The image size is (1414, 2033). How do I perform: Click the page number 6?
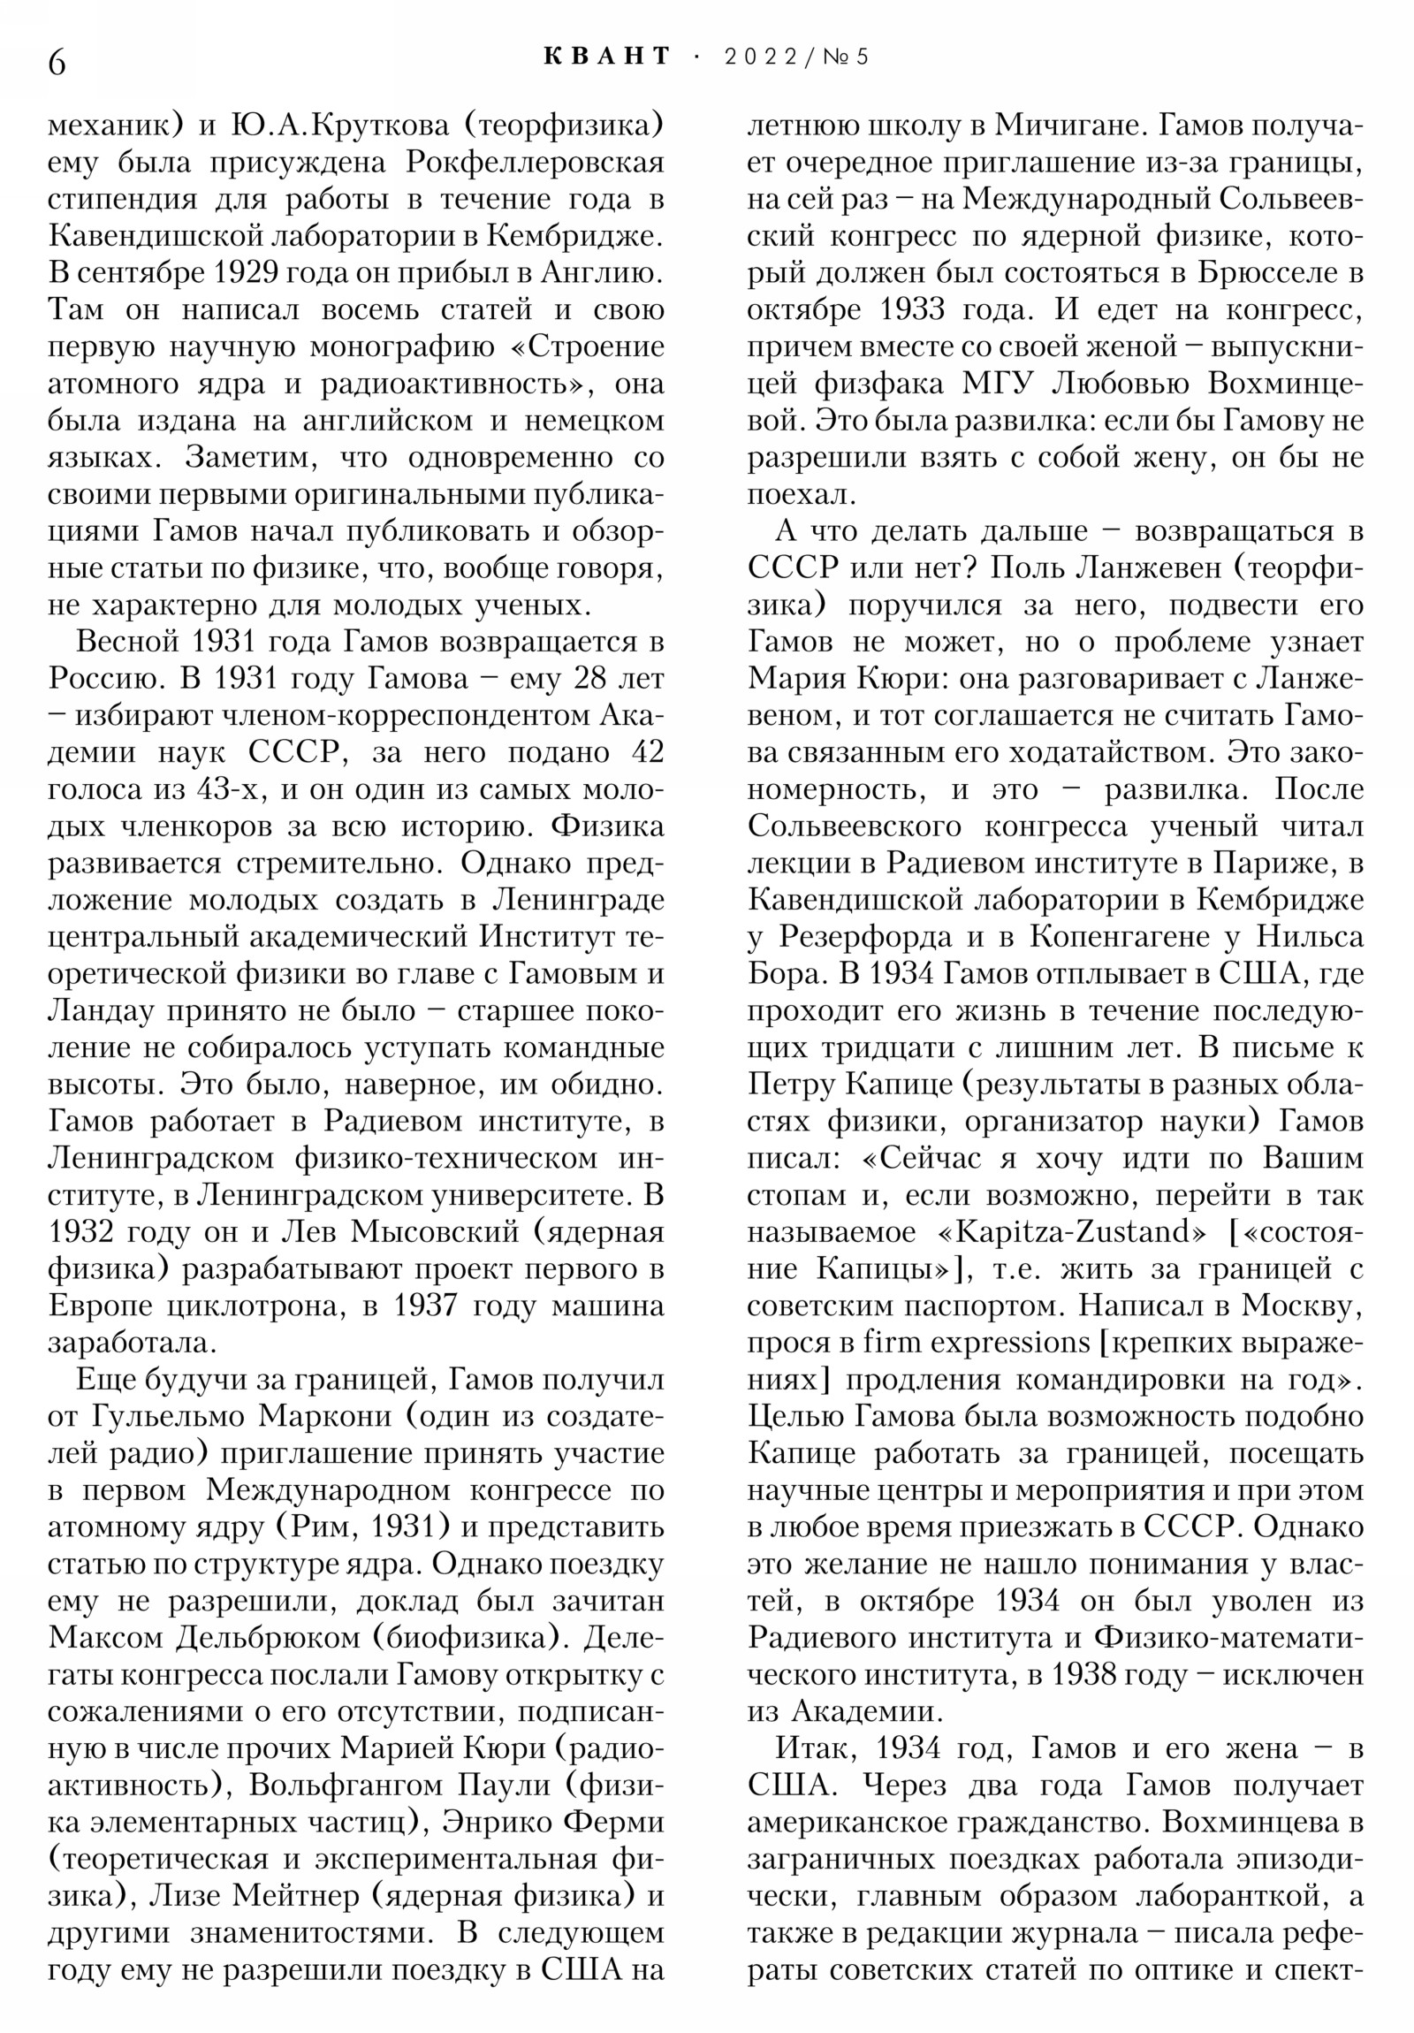click(57, 62)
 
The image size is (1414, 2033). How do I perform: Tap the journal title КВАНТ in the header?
click(607, 57)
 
